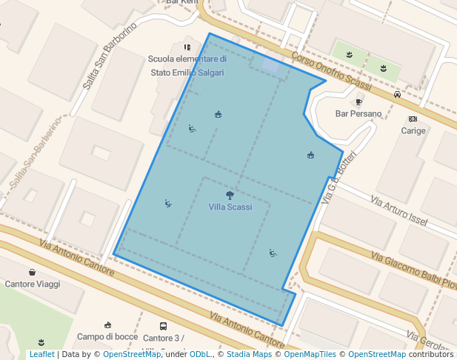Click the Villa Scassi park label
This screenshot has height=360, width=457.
(230, 207)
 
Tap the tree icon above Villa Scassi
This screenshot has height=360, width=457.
(230, 196)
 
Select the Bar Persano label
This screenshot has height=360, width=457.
(358, 114)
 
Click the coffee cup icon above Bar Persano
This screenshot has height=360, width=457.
(358, 102)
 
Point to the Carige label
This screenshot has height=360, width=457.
(413, 131)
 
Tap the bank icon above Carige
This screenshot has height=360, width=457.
(413, 119)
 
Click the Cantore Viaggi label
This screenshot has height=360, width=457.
(33, 284)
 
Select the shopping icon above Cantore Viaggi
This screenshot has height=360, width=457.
(32, 272)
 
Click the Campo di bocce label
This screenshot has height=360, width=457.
(107, 337)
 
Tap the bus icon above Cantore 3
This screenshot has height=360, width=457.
(163, 326)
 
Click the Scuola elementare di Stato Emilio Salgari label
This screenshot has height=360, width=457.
(187, 66)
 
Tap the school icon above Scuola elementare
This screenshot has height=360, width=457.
(187, 47)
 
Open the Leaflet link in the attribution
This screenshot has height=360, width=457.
(41, 355)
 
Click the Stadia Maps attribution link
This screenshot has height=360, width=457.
(249, 355)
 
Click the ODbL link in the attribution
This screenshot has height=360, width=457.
(200, 355)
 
